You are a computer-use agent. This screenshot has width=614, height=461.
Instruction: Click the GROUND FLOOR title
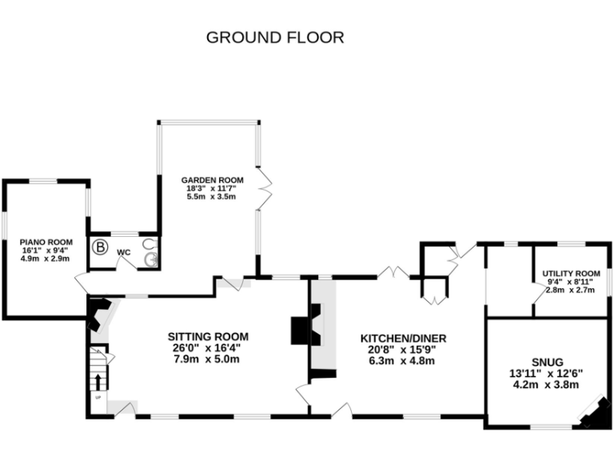[275, 37]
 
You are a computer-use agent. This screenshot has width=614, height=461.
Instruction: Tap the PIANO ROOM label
[46, 242]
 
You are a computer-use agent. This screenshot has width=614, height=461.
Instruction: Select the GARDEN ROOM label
[211, 180]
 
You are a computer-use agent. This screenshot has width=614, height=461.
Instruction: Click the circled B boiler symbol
[101, 247]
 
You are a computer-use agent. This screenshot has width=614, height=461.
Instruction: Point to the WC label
[124, 252]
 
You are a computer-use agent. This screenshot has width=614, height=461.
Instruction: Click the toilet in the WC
[149, 244]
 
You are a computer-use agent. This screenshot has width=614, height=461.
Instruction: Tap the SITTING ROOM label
[207, 336]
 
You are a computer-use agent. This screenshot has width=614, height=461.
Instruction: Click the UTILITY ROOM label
[571, 273]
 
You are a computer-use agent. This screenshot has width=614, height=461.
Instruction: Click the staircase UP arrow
[98, 379]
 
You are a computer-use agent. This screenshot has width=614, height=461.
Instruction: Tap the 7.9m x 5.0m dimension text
[207, 359]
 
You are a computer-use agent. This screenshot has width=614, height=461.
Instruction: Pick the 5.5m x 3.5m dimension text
[211, 196]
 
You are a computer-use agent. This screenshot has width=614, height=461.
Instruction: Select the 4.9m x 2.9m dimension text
[46, 259]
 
